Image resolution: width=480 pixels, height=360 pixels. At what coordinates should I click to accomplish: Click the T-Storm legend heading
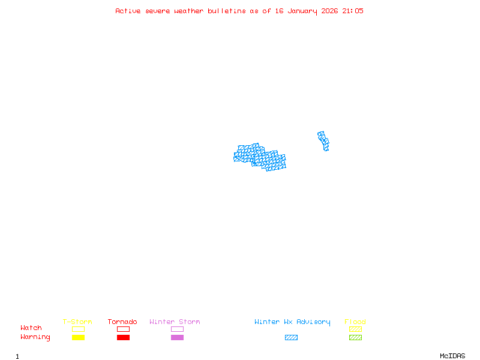click(77, 322)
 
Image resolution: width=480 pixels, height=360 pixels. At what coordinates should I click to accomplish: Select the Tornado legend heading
click(122, 322)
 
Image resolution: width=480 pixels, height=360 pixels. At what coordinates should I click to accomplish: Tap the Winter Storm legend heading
click(175, 322)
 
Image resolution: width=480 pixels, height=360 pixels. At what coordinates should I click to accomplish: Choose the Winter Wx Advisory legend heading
click(292, 322)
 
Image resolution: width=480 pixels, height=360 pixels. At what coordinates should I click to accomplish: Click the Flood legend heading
click(355, 322)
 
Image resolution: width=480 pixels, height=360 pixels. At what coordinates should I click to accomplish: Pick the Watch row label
click(31, 328)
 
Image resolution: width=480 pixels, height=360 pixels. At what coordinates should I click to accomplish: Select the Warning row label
click(35, 337)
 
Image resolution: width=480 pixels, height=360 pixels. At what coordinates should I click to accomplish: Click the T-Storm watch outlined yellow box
click(78, 329)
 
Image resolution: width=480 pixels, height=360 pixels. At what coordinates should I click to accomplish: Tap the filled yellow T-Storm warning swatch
click(78, 338)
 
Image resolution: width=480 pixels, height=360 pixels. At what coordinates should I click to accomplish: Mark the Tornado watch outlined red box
click(123, 329)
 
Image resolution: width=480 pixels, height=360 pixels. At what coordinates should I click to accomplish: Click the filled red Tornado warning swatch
click(123, 338)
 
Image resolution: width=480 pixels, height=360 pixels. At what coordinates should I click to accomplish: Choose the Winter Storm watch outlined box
click(177, 329)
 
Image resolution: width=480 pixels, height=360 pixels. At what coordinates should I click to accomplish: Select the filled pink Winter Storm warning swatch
click(177, 338)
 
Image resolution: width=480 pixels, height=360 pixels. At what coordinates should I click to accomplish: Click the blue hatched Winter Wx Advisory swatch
click(291, 338)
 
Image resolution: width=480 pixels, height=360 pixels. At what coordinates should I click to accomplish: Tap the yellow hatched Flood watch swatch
click(355, 329)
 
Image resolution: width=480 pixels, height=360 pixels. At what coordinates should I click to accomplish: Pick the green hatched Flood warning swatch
click(355, 338)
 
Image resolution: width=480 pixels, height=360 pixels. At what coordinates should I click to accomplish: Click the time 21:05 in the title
click(353, 11)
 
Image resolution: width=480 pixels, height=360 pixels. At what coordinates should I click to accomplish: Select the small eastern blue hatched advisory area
click(323, 141)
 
